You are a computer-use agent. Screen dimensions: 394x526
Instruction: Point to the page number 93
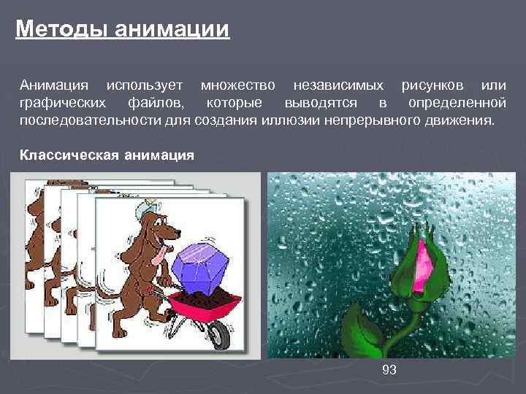click(389, 370)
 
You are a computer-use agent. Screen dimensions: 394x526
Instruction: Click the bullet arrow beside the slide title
click(8, 31)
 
